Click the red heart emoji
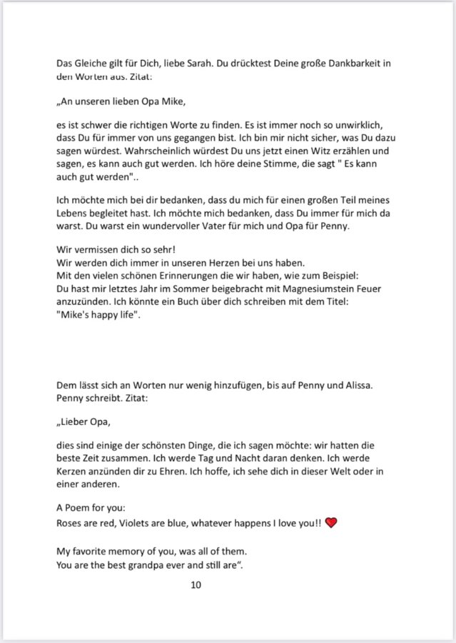331,523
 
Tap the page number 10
196,585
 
